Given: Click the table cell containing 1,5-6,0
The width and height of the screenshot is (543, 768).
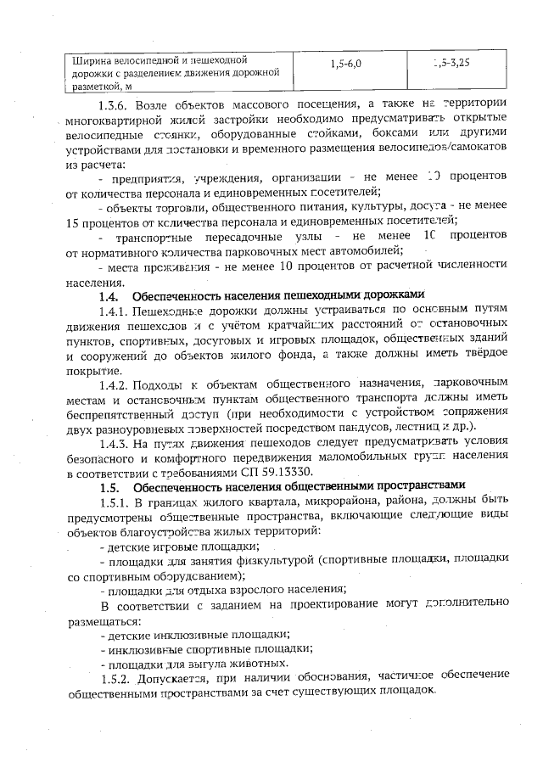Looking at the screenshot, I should (x=345, y=64).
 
